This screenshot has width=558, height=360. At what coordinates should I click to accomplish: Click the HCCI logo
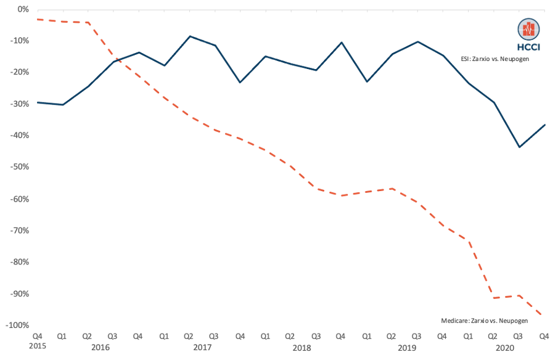tap(528, 34)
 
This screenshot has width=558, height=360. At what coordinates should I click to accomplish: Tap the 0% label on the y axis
tap(24, 9)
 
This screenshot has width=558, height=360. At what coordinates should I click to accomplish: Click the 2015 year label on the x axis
tap(38, 347)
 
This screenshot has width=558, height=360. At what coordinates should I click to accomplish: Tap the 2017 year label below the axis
tap(202, 347)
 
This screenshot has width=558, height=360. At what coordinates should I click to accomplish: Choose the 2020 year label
tap(506, 347)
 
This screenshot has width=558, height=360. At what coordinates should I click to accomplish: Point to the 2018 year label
tap(303, 347)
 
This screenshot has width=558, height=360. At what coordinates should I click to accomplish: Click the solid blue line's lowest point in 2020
tap(519, 147)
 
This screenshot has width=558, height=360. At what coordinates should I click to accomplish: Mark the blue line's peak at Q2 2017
tap(189, 36)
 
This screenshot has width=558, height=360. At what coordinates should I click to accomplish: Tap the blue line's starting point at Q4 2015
tap(38, 102)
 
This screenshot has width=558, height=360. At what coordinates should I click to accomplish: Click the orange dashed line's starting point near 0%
tap(38, 19)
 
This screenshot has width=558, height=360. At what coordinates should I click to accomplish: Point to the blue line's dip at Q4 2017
tap(240, 83)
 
